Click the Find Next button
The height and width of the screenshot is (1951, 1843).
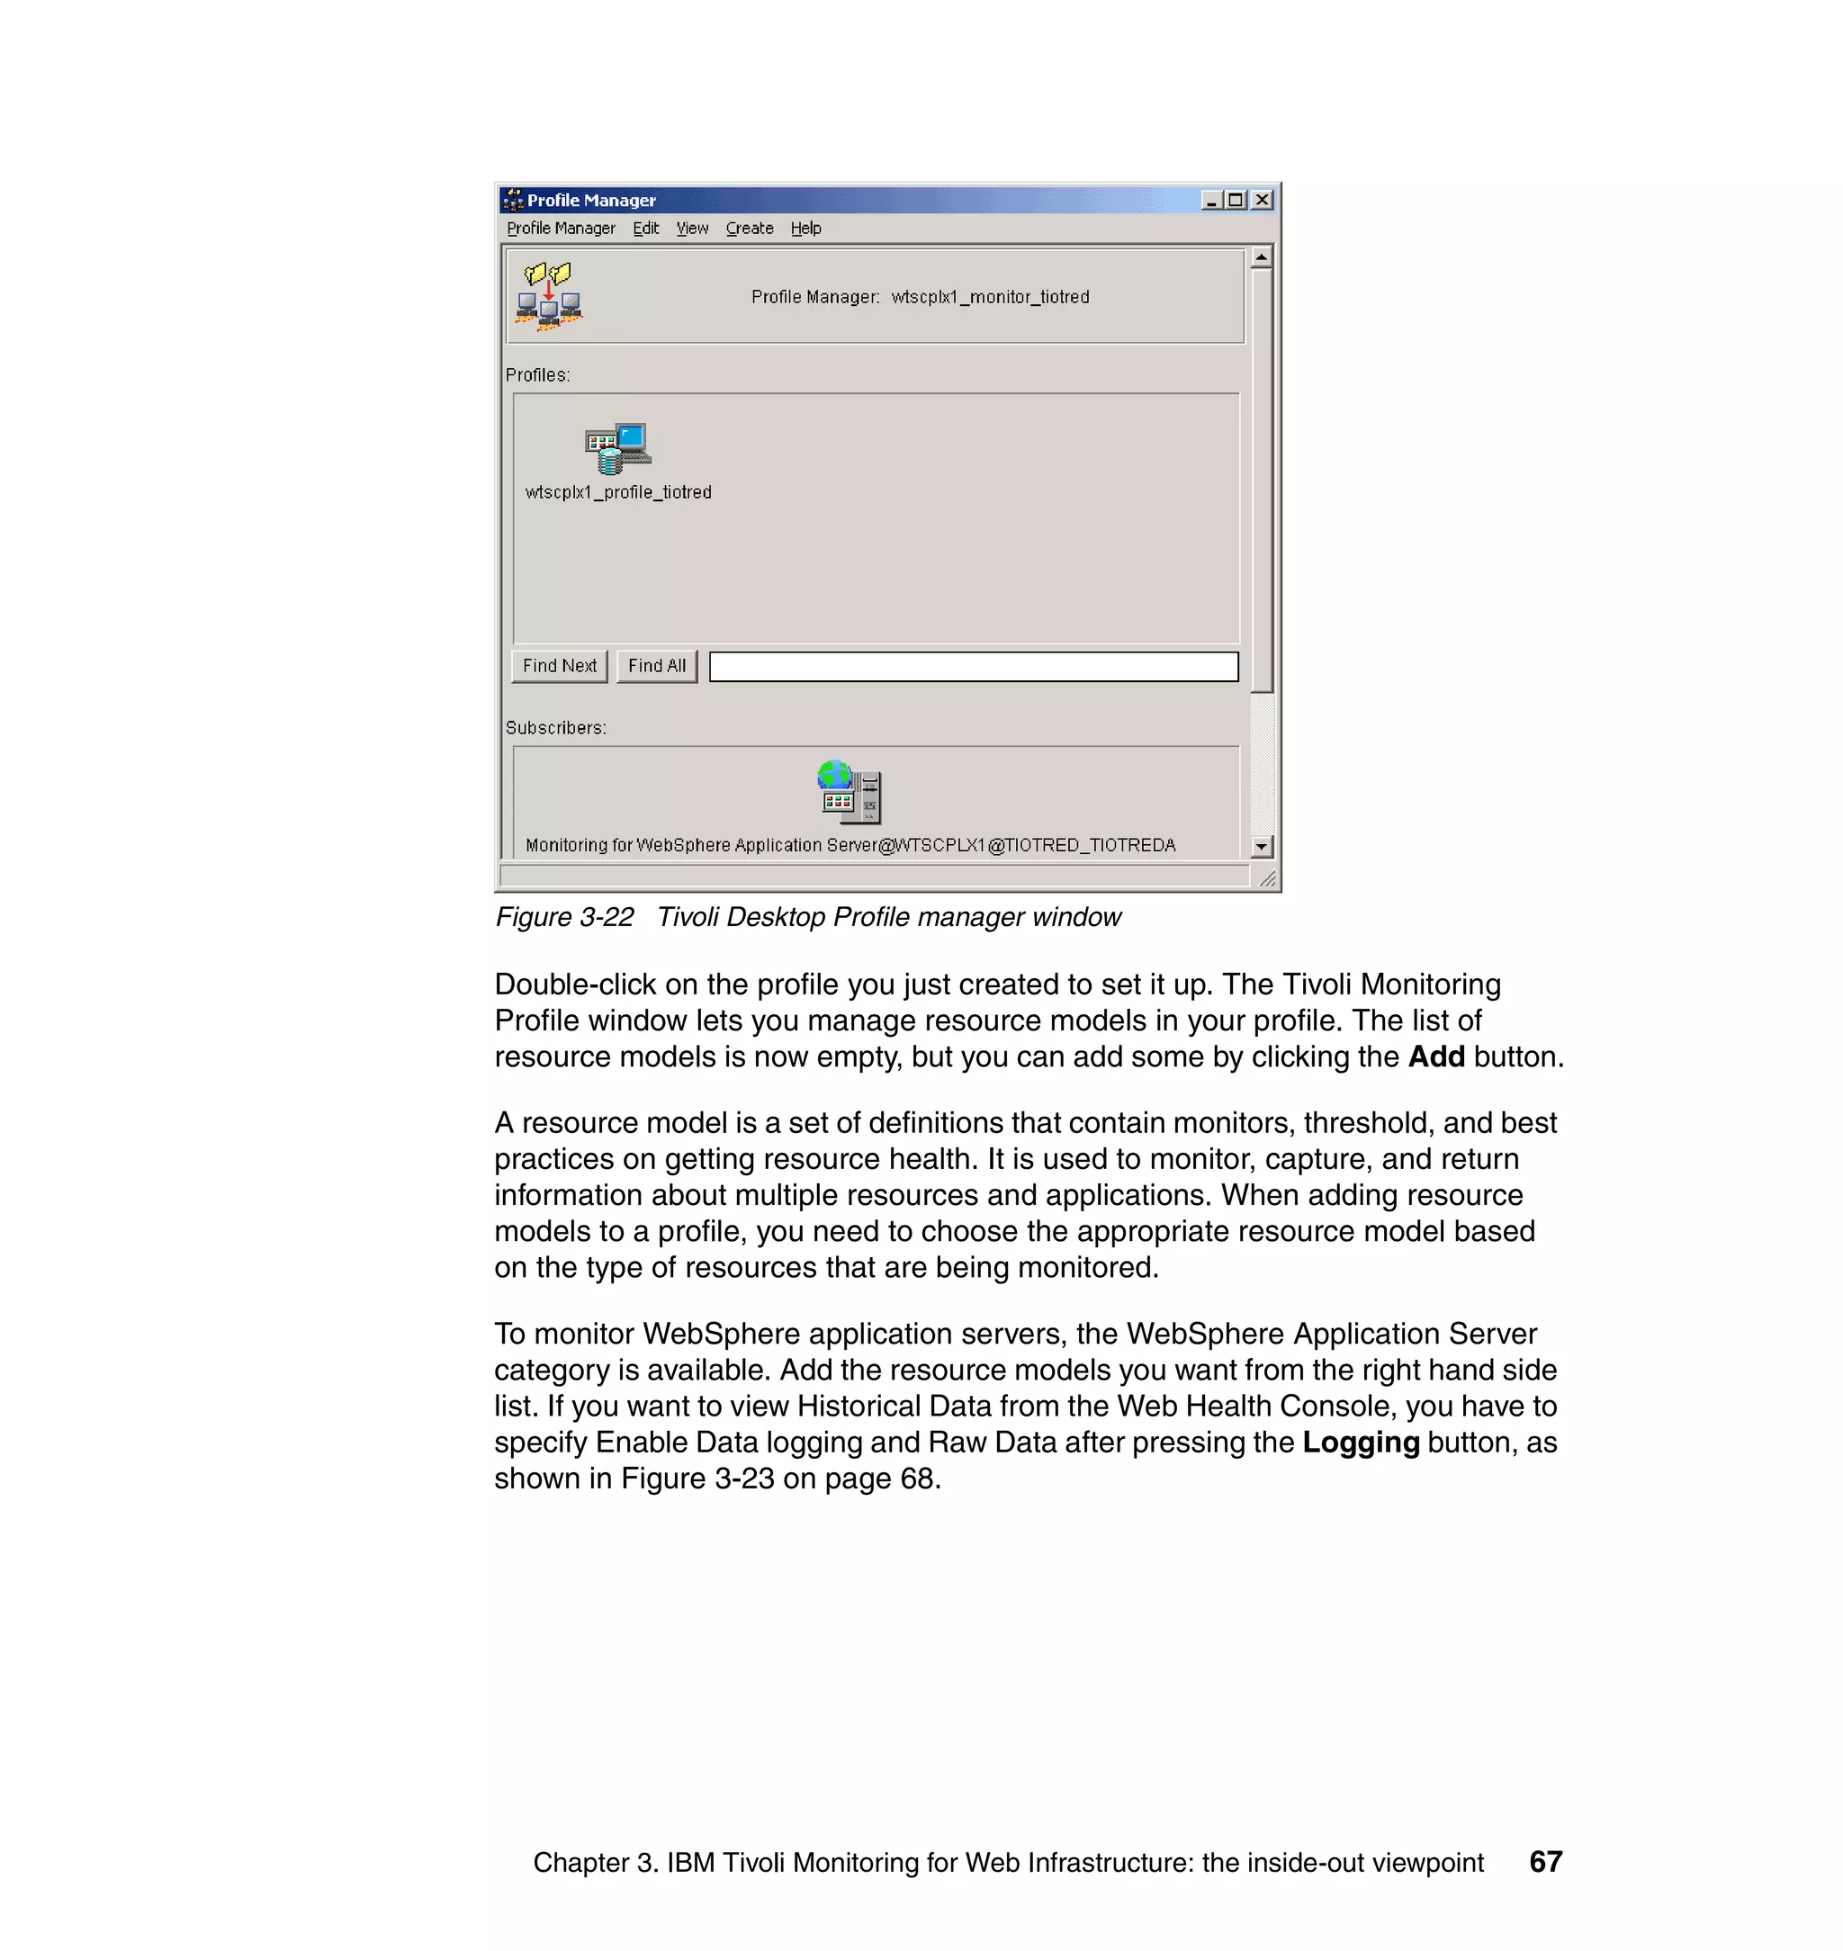pyautogui.click(x=559, y=666)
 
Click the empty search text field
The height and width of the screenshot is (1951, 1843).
pyautogui.click(x=973, y=667)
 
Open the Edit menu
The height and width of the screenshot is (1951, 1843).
pyautogui.click(x=645, y=228)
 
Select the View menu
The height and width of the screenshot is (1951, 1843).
pyautogui.click(x=692, y=228)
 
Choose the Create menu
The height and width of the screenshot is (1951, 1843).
pyautogui.click(x=750, y=228)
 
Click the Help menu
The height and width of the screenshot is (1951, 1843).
pyautogui.click(x=805, y=228)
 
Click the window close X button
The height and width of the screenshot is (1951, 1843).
pyautogui.click(x=1263, y=201)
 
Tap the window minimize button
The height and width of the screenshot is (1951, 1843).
pyautogui.click(x=1211, y=201)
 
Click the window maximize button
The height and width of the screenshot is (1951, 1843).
pyautogui.click(x=1236, y=201)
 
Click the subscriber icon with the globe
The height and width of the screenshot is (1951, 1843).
pyautogui.click(x=850, y=792)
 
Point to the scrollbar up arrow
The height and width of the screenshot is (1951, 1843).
pyautogui.click(x=1262, y=257)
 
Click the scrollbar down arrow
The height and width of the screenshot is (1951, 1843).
pyautogui.click(x=1262, y=846)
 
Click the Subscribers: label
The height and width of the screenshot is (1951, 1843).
pyautogui.click(x=556, y=728)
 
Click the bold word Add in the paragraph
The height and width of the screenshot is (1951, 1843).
pyautogui.click(x=1435, y=1057)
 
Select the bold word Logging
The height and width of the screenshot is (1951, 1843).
pyautogui.click(x=1361, y=1443)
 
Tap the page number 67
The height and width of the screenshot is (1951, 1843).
pyautogui.click(x=1545, y=1862)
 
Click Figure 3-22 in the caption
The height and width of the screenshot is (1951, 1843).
pyautogui.click(x=565, y=918)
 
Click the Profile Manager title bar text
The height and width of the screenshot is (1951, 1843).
pyautogui.click(x=591, y=201)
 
